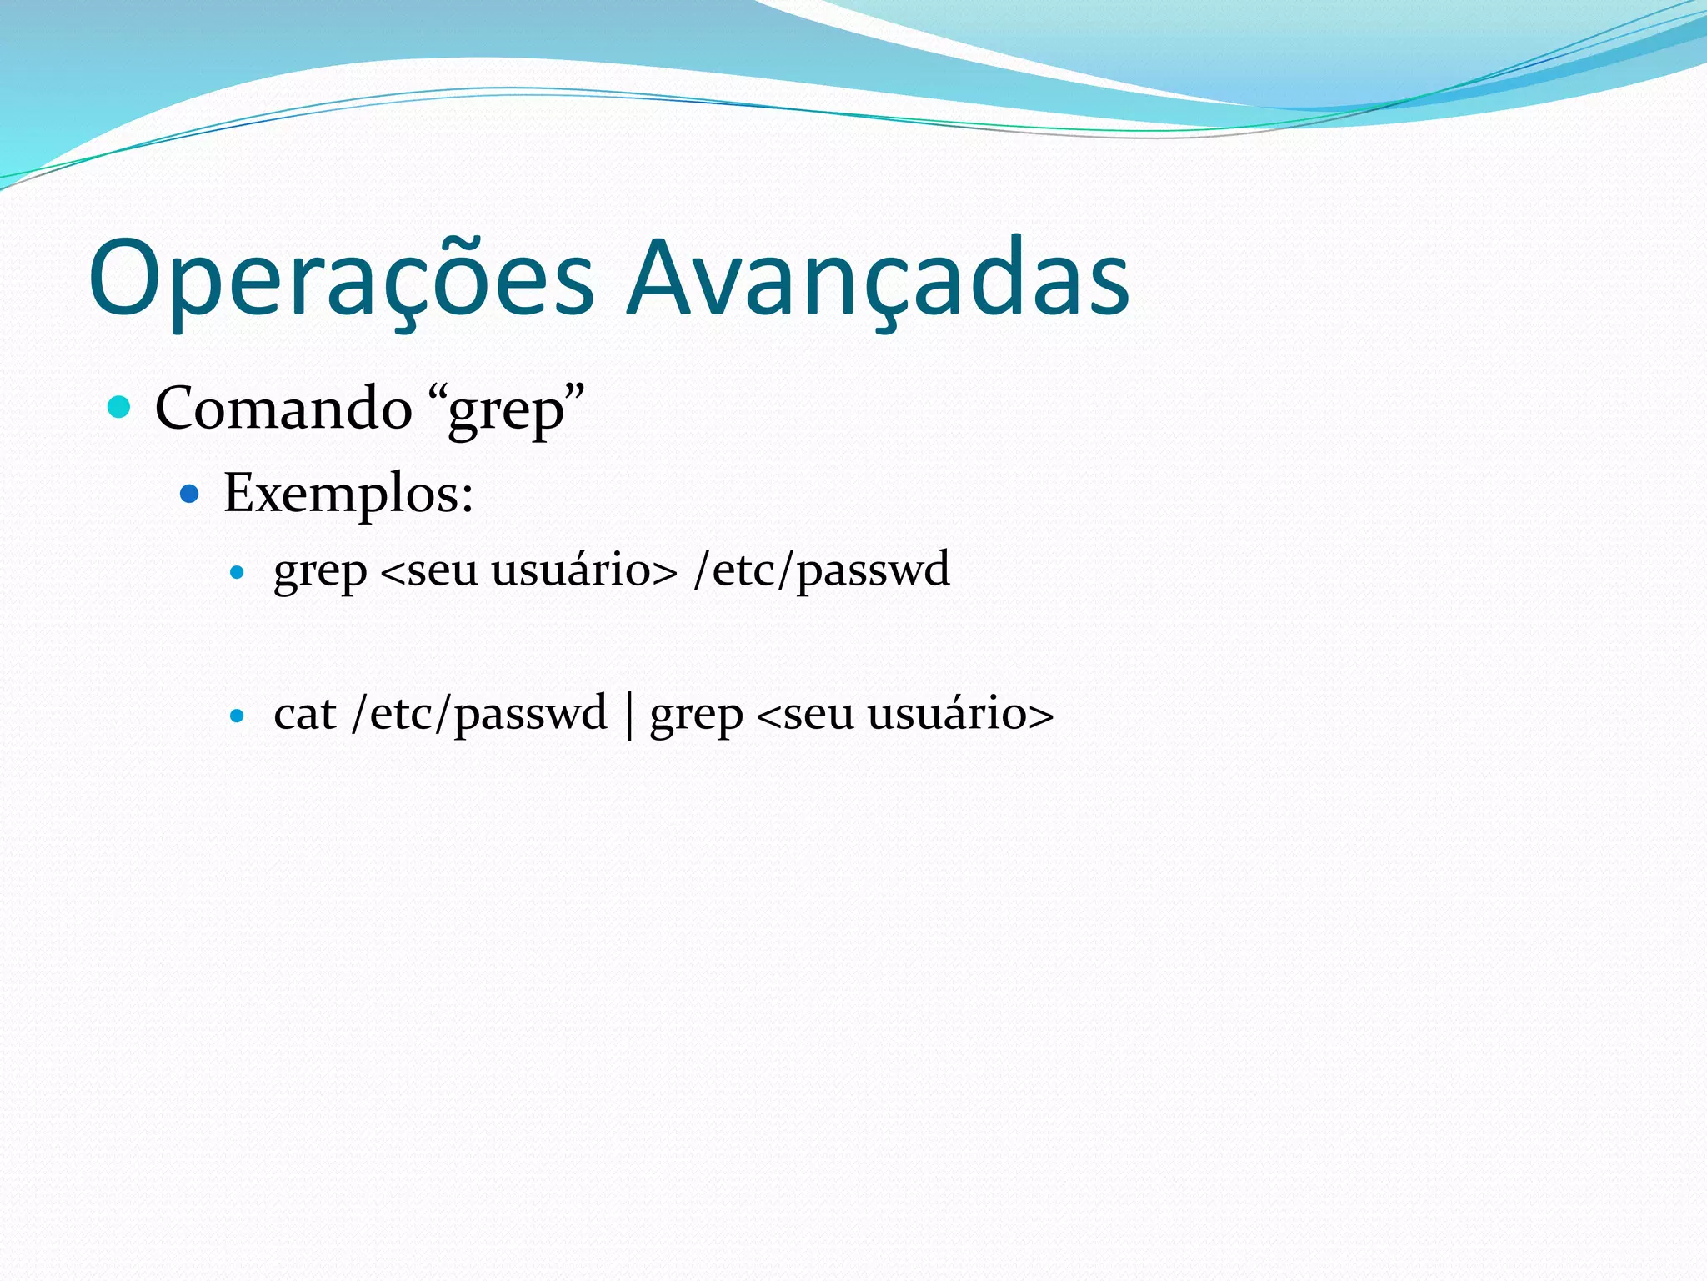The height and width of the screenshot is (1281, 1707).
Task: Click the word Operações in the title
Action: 341,279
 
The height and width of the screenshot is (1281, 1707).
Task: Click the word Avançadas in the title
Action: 879,279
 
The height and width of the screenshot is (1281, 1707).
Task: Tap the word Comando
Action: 283,409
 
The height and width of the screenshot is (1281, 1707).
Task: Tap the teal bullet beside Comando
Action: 120,407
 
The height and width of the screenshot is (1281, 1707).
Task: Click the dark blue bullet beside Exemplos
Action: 190,494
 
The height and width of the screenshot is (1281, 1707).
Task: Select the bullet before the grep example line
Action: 238,572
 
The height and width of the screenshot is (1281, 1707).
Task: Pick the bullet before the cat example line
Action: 238,716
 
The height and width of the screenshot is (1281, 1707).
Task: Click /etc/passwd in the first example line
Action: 822,570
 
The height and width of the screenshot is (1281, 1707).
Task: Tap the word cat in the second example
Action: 304,715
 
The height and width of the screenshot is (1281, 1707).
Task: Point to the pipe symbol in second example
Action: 629,715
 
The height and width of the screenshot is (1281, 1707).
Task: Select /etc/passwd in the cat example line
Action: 480,715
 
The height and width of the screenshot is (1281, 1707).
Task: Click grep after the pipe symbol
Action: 696,717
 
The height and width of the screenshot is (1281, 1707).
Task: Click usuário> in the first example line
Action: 584,571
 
